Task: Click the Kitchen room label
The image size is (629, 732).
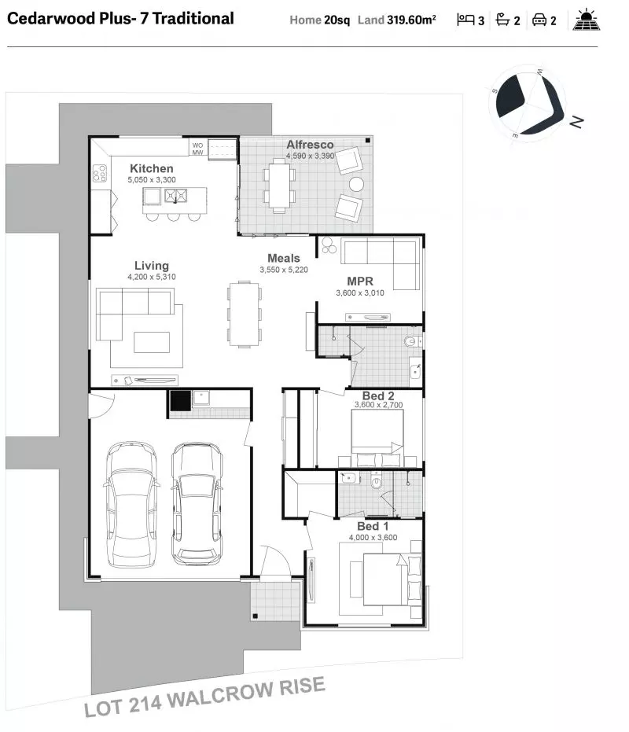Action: [x=151, y=168]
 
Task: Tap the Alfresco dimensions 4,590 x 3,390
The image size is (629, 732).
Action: [x=310, y=156]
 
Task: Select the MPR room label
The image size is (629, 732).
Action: [x=360, y=281]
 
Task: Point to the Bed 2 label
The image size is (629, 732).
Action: [x=378, y=396]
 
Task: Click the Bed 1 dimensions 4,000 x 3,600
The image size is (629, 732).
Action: [x=373, y=537]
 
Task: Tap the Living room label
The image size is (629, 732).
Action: [x=152, y=266]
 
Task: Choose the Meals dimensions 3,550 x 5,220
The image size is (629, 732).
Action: [x=284, y=270]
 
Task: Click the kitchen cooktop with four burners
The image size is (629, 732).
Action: [x=100, y=173]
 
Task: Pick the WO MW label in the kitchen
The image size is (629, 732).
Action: [x=197, y=149]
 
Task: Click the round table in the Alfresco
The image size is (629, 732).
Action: [x=356, y=184]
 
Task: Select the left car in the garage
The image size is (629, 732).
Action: [x=131, y=504]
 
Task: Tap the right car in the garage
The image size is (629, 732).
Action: [x=197, y=504]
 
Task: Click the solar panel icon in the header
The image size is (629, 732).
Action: [x=587, y=20]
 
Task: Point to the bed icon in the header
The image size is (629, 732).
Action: [x=465, y=20]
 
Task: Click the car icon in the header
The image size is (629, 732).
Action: [x=539, y=20]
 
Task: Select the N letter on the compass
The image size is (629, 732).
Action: [x=576, y=123]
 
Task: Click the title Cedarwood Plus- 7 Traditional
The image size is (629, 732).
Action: [x=120, y=19]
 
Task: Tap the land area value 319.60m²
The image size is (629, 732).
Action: [x=411, y=20]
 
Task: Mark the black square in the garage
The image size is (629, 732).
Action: [x=180, y=400]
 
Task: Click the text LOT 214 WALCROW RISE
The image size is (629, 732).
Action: [x=204, y=696]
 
